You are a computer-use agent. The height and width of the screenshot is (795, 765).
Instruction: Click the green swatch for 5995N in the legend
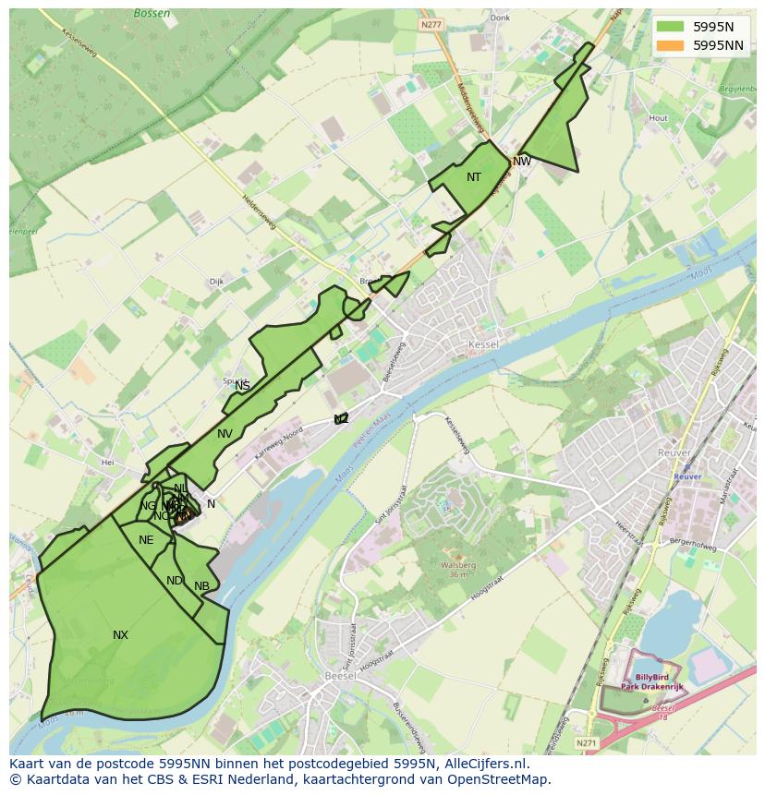671,28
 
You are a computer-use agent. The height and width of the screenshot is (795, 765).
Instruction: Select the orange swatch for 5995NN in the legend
671,45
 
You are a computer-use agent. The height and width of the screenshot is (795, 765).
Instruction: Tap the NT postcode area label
473,177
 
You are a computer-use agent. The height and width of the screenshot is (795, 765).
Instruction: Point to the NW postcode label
522,162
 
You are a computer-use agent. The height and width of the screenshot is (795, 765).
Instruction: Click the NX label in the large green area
120,635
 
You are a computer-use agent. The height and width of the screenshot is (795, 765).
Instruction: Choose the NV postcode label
225,434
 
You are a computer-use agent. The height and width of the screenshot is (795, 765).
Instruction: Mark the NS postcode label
242,386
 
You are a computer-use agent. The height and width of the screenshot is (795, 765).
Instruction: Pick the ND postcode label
175,581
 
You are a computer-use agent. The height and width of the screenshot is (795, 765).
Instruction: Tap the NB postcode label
201,586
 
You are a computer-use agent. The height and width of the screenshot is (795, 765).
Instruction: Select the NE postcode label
146,540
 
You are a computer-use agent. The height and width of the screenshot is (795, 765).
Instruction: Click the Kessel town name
483,344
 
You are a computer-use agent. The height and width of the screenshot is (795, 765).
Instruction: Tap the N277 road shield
430,24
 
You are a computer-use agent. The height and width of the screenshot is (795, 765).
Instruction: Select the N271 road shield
586,741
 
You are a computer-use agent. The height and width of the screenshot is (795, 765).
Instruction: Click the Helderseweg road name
259,213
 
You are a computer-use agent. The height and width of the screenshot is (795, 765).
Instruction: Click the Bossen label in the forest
151,14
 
